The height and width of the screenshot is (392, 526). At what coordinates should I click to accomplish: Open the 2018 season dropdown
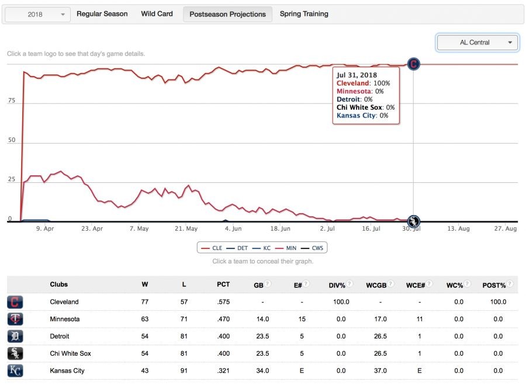click(x=38, y=15)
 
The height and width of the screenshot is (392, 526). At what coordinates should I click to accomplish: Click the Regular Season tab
click(x=102, y=14)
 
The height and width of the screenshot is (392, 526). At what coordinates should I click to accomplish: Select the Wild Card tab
click(x=157, y=14)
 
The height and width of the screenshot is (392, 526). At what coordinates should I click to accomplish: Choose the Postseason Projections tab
click(x=227, y=15)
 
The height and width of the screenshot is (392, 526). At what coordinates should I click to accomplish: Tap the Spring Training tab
click(x=304, y=14)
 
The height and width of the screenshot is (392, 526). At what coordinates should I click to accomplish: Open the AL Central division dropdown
click(x=477, y=42)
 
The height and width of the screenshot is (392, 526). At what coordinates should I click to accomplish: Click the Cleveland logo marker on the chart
click(x=414, y=64)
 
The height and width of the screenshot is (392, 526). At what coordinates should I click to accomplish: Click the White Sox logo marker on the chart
click(x=414, y=221)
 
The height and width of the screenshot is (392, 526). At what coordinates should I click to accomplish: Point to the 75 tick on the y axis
click(x=11, y=101)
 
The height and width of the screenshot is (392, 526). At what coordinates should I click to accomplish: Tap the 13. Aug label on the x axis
click(x=458, y=229)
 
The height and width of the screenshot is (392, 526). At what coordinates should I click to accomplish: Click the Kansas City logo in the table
click(x=15, y=370)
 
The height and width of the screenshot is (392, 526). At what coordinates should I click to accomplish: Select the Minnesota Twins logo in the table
click(x=15, y=319)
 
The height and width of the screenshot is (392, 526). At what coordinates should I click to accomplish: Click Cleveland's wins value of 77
click(x=145, y=302)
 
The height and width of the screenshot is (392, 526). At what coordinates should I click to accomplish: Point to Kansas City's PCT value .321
click(x=223, y=370)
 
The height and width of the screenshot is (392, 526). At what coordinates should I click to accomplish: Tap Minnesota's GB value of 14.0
click(x=263, y=320)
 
